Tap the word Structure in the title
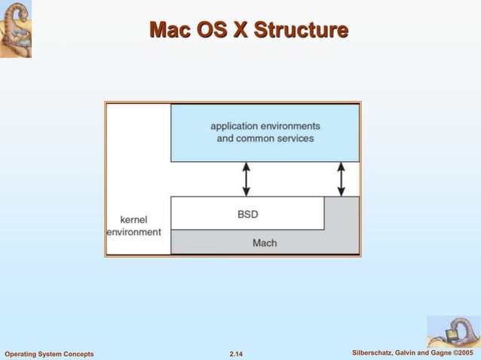(x=301, y=30)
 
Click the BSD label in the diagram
(x=247, y=214)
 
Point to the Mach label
(x=265, y=243)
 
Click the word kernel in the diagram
(x=133, y=220)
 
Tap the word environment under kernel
(x=133, y=232)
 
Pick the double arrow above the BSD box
(x=246, y=179)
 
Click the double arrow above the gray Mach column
(x=342, y=179)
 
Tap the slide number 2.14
(x=240, y=354)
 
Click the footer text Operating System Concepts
(x=49, y=354)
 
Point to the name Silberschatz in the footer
(x=374, y=353)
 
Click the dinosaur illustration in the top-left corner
(x=16, y=29)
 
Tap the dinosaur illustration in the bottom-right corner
(x=453, y=331)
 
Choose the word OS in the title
(x=212, y=30)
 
